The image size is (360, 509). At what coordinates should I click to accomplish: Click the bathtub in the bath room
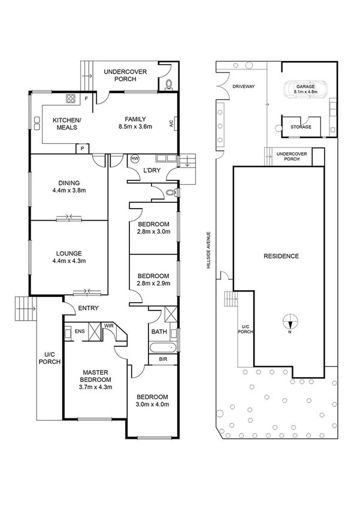pyautogui.click(x=162, y=347)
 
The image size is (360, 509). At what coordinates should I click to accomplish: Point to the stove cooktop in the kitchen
pyautogui.click(x=70, y=99)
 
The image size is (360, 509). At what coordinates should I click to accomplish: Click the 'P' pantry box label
pyautogui.click(x=81, y=148)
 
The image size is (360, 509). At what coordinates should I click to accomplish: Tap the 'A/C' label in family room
pyautogui.click(x=171, y=125)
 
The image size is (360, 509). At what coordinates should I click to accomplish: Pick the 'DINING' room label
pyautogui.click(x=69, y=183)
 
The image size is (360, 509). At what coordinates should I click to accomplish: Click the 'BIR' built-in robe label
pyautogui.click(x=163, y=360)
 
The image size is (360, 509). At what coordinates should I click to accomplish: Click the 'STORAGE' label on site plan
pyautogui.click(x=301, y=127)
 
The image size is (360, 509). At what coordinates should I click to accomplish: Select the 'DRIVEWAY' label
pyautogui.click(x=243, y=88)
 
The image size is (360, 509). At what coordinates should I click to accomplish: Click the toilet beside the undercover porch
pyautogui.click(x=170, y=84)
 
